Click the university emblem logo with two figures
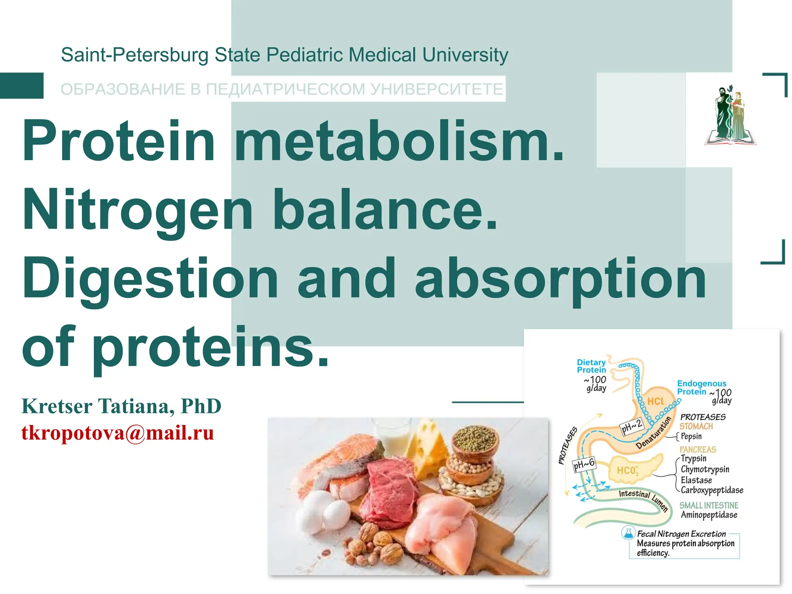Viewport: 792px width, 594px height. click(x=730, y=116)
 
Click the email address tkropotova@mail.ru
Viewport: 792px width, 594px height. click(x=118, y=433)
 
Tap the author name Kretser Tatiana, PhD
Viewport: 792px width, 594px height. click(x=121, y=406)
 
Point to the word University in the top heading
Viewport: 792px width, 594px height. click(x=465, y=55)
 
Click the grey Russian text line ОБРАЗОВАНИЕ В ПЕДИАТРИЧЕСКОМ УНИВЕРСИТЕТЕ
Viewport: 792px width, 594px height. click(x=282, y=89)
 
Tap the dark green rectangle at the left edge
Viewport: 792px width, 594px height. click(x=22, y=85)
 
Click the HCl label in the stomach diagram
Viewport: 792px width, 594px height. click(x=655, y=401)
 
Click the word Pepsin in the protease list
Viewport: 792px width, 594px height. click(x=691, y=436)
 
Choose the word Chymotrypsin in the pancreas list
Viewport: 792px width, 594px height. click(x=705, y=469)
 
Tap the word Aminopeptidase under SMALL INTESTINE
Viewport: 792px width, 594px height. click(x=709, y=515)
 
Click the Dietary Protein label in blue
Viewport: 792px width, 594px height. click(x=591, y=366)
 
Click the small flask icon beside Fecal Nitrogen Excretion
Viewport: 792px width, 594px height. click(x=628, y=533)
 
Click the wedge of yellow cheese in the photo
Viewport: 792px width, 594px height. click(x=427, y=449)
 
